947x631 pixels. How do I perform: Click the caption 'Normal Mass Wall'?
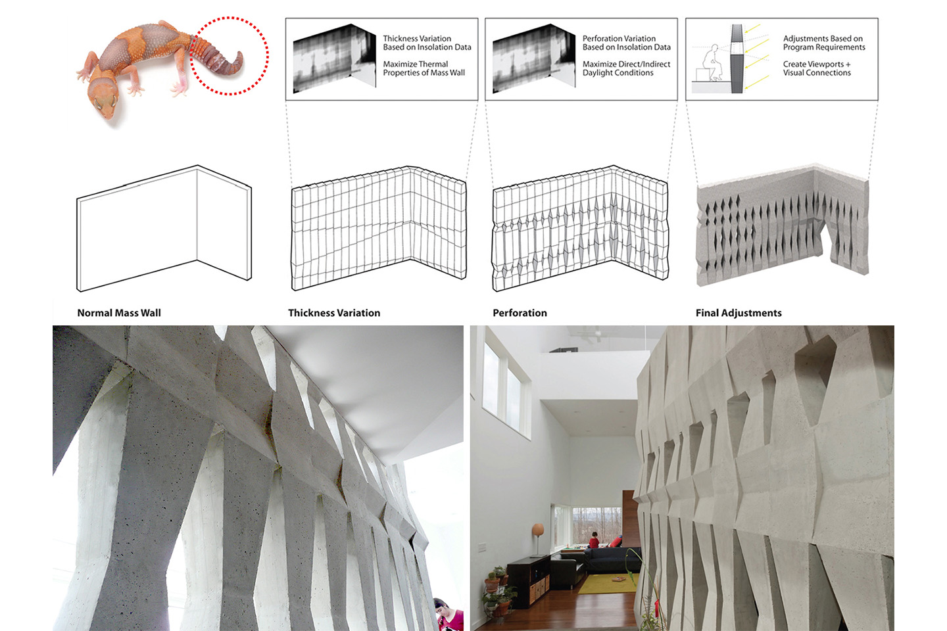click(119, 313)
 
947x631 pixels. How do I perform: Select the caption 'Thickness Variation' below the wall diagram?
click(334, 313)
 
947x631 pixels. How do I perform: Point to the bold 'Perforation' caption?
click(520, 313)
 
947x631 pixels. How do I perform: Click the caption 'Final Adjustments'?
click(739, 313)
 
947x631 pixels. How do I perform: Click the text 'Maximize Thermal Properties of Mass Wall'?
click(424, 68)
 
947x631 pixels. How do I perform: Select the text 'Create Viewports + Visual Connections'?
click(817, 68)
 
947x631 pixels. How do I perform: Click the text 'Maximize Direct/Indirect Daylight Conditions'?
click(626, 68)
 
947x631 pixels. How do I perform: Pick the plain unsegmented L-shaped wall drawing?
click(164, 228)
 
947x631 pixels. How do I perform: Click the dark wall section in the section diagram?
click(737, 58)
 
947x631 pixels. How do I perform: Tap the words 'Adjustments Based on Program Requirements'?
click(824, 43)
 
